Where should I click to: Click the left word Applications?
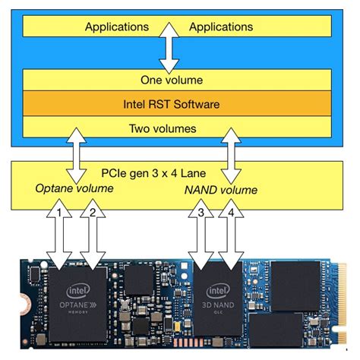(116, 27)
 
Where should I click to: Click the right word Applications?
(220, 27)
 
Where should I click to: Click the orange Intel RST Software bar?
(177, 102)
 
